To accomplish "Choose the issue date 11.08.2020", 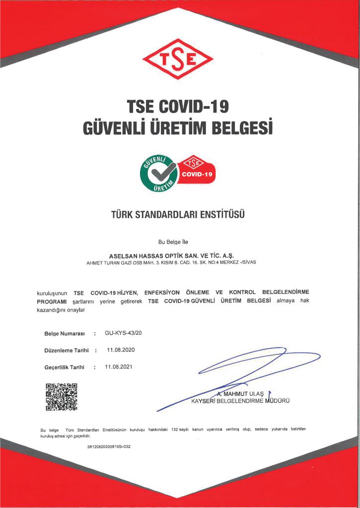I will coord(121,350).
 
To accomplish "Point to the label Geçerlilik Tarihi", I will coord(64,368).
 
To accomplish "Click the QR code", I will coord(62,397).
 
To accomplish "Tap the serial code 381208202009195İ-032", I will coord(108,446).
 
